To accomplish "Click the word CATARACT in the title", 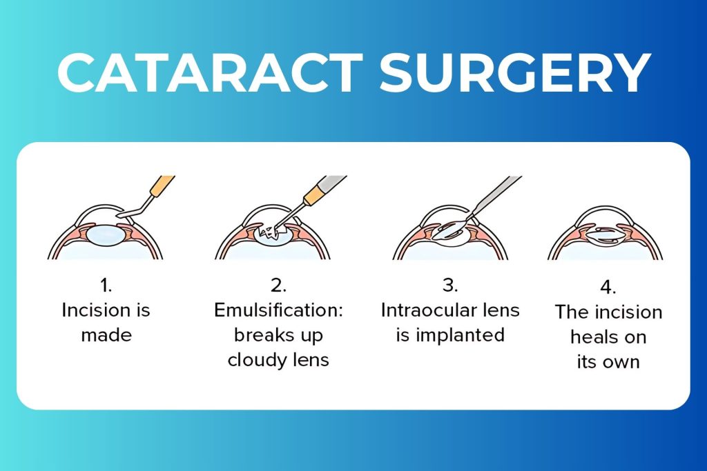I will pos(211,72).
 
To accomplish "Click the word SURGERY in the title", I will pos(514,72).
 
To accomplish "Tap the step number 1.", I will pos(106,285).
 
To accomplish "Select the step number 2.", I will pos(278,285).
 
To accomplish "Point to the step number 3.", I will pos(450,285).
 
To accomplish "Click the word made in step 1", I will pos(106,335).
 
